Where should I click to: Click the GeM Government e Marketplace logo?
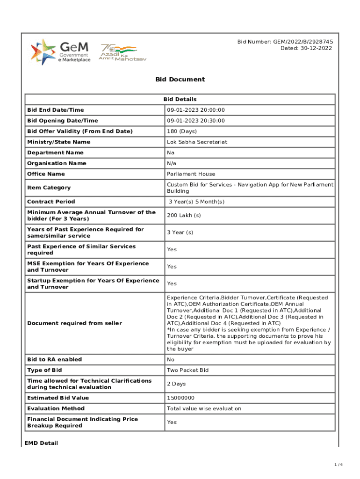tap(61, 52)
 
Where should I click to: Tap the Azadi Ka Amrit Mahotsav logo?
tap(118, 53)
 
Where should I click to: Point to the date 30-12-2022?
tap(306, 48)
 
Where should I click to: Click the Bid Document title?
tap(180, 80)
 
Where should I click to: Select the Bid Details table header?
tap(180, 99)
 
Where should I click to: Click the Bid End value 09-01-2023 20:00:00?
tap(196, 110)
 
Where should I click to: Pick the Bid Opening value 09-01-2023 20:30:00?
tap(196, 121)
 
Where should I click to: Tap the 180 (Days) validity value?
tap(182, 131)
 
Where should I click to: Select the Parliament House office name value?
tap(191, 174)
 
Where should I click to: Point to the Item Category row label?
tap(49, 188)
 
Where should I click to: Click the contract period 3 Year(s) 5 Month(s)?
tap(197, 202)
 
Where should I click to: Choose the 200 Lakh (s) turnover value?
tap(184, 215)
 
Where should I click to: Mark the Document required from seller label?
tap(74, 323)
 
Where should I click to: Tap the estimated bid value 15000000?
tap(180, 398)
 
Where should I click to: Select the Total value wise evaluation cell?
tap(204, 408)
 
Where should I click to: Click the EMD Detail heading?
tap(41, 443)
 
